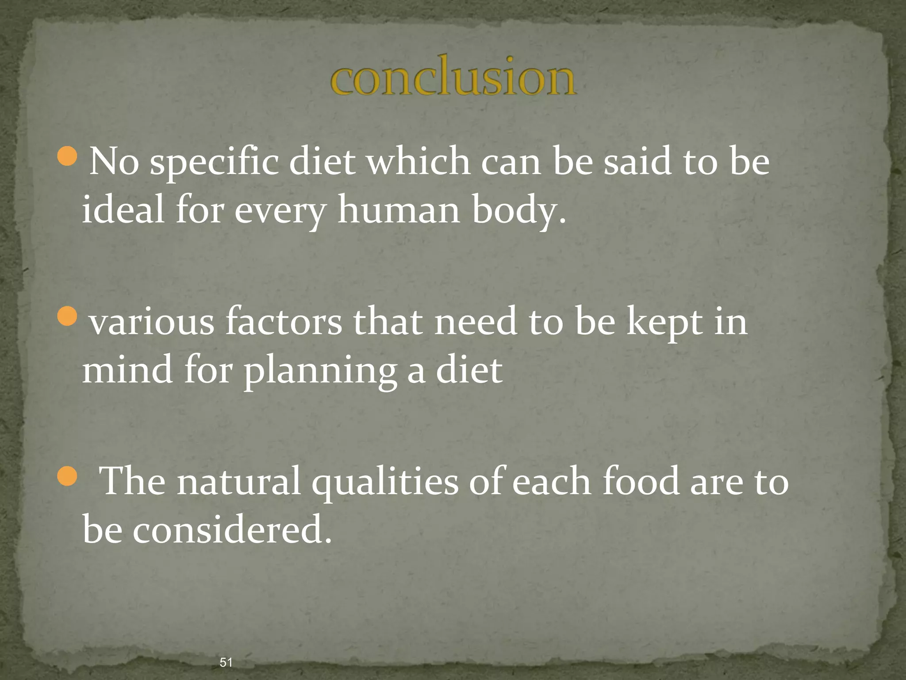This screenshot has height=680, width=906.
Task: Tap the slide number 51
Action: click(x=226, y=662)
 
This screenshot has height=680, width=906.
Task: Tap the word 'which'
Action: click(x=419, y=162)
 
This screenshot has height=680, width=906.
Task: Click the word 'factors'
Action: click(x=284, y=322)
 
